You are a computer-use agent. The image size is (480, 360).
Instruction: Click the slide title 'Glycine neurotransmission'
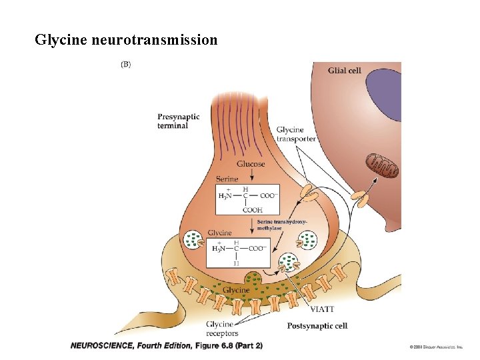[x=126, y=40]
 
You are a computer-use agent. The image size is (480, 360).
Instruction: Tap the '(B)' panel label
[x=125, y=65]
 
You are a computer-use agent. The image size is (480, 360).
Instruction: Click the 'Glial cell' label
[x=344, y=70]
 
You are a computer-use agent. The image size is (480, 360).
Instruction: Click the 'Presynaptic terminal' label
[x=178, y=121]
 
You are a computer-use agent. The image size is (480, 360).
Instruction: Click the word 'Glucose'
[x=251, y=163]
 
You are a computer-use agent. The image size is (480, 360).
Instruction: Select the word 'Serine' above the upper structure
[x=227, y=179]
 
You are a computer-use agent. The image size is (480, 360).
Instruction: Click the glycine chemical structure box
[x=239, y=249]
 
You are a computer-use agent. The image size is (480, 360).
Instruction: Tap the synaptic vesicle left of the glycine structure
[x=193, y=239]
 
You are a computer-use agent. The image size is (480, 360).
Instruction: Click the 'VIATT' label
[x=322, y=309]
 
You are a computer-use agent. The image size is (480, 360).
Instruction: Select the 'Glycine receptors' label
[x=223, y=329]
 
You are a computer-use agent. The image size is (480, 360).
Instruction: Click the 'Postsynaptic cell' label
[x=317, y=326]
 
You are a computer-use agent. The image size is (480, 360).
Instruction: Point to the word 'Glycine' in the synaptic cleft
[x=236, y=290]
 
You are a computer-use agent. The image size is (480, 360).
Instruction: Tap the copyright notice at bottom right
[x=436, y=347]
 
